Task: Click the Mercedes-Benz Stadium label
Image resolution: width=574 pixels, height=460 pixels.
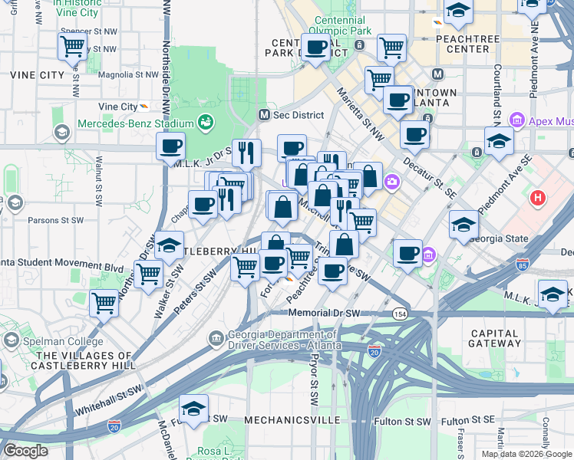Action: (x=136, y=124)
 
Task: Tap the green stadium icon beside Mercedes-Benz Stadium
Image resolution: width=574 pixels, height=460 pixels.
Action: (x=206, y=122)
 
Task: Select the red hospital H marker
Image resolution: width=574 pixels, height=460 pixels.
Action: (x=538, y=198)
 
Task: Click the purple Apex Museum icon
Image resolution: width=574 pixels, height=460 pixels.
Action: (x=516, y=121)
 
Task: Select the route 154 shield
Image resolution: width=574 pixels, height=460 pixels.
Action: (x=400, y=314)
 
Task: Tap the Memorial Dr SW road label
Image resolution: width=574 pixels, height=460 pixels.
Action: (x=325, y=314)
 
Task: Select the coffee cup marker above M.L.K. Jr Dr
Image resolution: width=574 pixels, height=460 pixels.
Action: (x=170, y=146)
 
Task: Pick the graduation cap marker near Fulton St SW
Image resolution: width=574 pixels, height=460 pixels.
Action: (x=194, y=409)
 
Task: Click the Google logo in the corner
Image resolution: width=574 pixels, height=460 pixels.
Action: (x=25, y=451)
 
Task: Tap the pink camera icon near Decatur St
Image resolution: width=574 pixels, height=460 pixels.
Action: (x=393, y=182)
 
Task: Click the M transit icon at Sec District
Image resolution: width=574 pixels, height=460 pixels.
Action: (x=264, y=115)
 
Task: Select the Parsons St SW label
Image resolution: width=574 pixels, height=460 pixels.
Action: (x=55, y=220)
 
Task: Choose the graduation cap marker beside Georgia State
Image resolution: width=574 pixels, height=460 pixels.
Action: (x=463, y=224)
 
